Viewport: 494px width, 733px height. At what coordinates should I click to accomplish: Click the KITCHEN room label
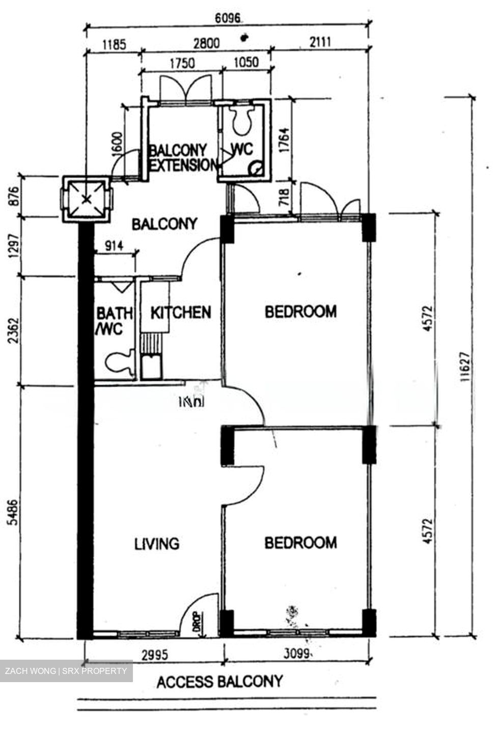pos(181,312)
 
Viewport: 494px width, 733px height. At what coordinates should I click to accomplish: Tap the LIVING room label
pos(157,544)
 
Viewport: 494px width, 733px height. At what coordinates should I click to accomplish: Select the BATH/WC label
pos(114,321)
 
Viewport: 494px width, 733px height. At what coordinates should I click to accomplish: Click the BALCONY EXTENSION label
pos(182,158)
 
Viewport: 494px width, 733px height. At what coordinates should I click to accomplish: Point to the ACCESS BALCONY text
pos(219,682)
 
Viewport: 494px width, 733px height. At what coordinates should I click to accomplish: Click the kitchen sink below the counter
pos(151,366)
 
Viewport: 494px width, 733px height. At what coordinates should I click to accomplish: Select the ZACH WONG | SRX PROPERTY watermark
pos(66,671)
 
